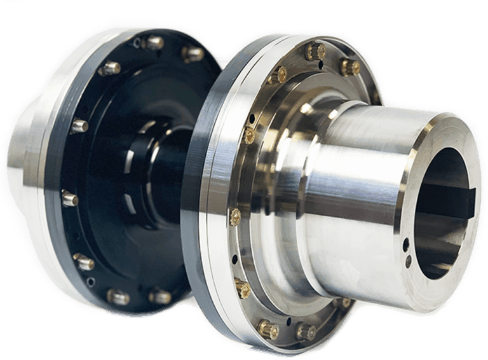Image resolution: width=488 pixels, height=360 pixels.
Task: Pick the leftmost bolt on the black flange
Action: pyautogui.click(x=69, y=198)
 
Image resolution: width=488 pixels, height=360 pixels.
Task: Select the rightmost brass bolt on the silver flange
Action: pyautogui.click(x=349, y=66)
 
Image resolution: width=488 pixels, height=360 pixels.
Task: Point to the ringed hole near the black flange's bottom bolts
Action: pyautogui.click(x=91, y=280)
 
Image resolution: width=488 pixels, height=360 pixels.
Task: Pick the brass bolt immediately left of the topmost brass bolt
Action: pyautogui.click(x=277, y=75)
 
